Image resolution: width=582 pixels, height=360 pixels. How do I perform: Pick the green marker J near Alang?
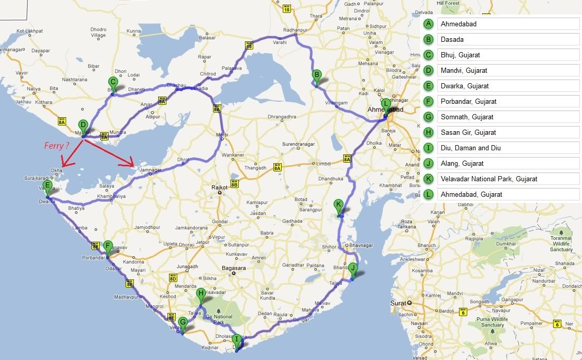pyautogui.click(x=353, y=269)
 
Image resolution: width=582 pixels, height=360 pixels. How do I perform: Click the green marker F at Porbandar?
pyautogui.click(x=108, y=246)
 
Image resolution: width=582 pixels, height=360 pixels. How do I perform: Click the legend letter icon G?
pyautogui.click(x=428, y=117)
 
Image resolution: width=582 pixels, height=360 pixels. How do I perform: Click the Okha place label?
pyautogui.click(x=56, y=169)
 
